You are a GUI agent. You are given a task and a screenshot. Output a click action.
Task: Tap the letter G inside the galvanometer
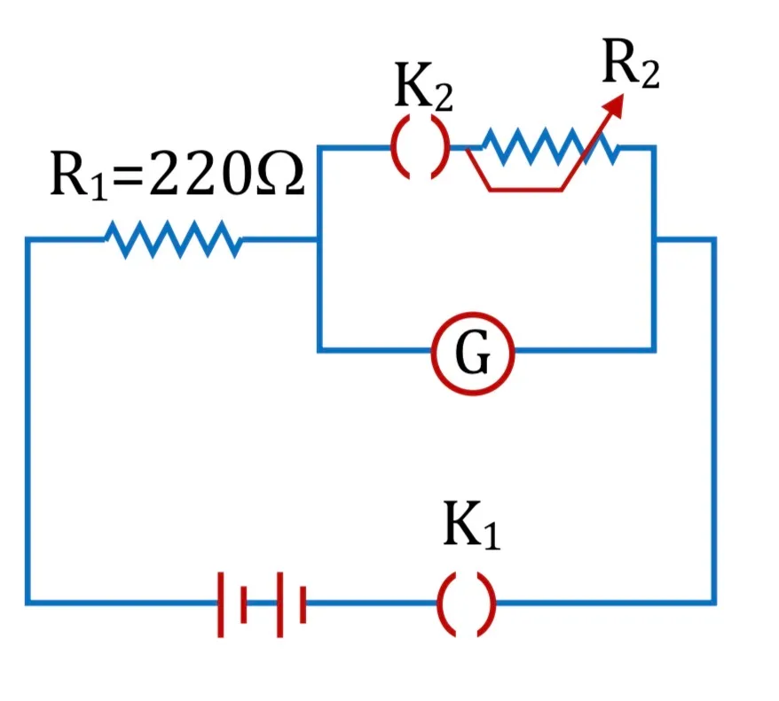473,354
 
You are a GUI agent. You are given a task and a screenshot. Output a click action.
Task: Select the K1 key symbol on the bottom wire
466,604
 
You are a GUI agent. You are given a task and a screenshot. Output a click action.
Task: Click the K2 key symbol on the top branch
421,147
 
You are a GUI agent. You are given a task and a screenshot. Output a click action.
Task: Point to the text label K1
471,525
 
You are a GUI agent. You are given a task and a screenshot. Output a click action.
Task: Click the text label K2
423,86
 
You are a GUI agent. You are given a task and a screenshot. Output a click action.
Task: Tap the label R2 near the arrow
631,64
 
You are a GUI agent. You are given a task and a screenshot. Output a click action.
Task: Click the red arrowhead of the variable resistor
613,105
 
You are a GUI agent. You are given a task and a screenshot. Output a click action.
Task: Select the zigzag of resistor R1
173,239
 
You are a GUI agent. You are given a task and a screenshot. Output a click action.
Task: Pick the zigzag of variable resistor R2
550,146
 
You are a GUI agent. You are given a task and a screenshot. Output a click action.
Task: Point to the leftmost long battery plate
221,604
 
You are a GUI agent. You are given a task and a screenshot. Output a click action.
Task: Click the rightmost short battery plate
303,604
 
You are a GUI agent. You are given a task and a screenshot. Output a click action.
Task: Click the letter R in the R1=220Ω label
71,174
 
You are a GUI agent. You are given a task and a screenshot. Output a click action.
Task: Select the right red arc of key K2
440,147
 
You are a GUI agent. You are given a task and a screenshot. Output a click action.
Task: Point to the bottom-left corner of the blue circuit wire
28,603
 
